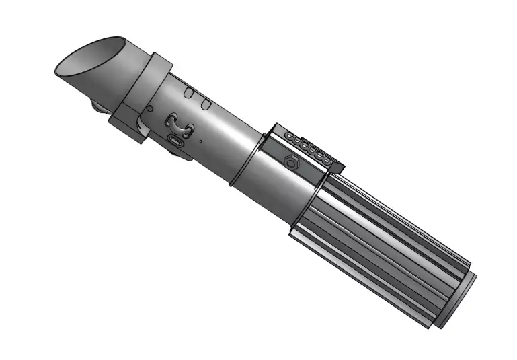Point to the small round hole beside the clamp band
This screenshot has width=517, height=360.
[x=149, y=108]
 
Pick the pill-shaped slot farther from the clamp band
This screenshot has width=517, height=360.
[x=206, y=104]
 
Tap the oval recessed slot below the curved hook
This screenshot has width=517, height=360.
[x=177, y=141]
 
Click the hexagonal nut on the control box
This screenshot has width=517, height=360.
[x=290, y=161]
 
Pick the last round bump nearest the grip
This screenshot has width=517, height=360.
[x=329, y=159]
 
